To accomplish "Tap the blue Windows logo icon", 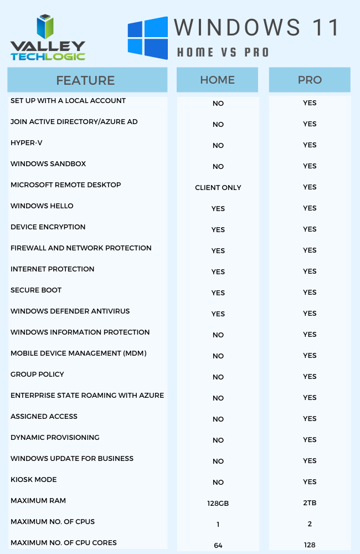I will coord(147,38).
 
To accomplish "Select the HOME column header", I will coord(217,80).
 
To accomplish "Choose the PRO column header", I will coord(310,80).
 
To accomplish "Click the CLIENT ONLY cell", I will coord(218,188).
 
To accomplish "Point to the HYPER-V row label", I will coord(27,143).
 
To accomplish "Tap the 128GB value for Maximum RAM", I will coord(218,504).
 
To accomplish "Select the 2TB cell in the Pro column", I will coord(310,503).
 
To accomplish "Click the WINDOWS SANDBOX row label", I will coord(48,164).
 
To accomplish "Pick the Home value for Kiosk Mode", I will coord(218,483).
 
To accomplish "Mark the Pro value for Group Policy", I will coord(310,377).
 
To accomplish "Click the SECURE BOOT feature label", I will coord(36,290).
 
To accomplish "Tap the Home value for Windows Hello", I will coord(218,209).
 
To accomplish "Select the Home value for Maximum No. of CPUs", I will coord(218,525).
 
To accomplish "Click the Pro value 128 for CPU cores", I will coord(310,545).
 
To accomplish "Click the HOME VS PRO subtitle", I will coord(223,53).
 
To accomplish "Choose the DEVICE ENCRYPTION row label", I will coord(48,227).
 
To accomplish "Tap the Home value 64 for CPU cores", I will coord(218,546).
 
